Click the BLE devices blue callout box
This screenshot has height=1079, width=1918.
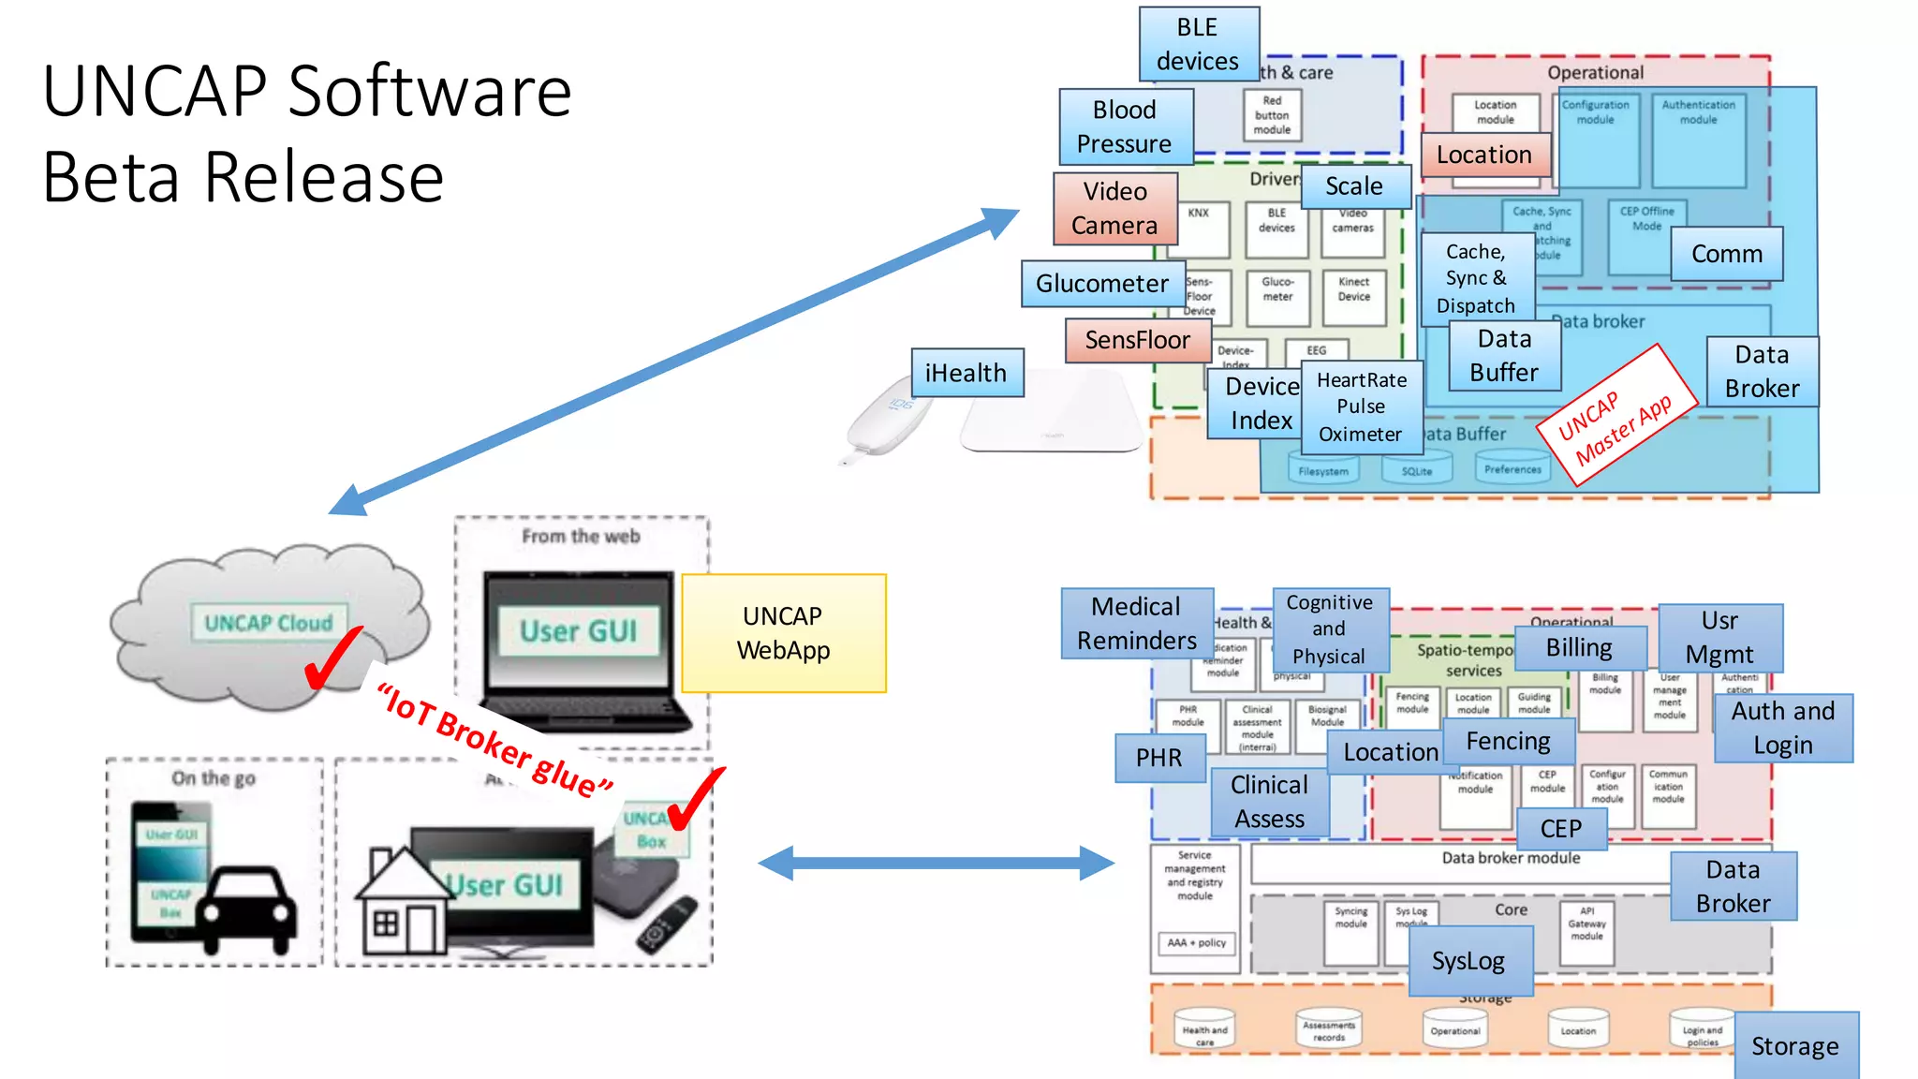[1198, 44]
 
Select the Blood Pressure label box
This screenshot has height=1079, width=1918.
[1125, 126]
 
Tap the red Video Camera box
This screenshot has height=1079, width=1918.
[1114, 208]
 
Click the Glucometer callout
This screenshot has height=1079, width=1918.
[1102, 284]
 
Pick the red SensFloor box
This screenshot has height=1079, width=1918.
[1137, 340]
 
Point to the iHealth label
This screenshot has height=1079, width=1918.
[966, 373]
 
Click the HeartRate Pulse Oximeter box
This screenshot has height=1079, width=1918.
[1361, 406]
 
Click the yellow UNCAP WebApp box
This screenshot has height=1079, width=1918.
[783, 633]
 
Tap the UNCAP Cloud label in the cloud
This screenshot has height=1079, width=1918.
[269, 623]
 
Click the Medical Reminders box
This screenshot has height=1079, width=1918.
[1136, 624]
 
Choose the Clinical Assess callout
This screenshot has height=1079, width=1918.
[1269, 802]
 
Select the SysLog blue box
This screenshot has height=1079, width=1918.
[1468, 961]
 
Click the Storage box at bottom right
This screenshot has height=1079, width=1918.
[1794, 1046]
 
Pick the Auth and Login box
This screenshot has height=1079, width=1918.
[1782, 728]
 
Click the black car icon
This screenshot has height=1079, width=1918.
[247, 909]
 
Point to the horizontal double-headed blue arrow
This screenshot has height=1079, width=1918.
[936, 863]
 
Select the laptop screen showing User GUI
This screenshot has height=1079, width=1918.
[578, 630]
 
